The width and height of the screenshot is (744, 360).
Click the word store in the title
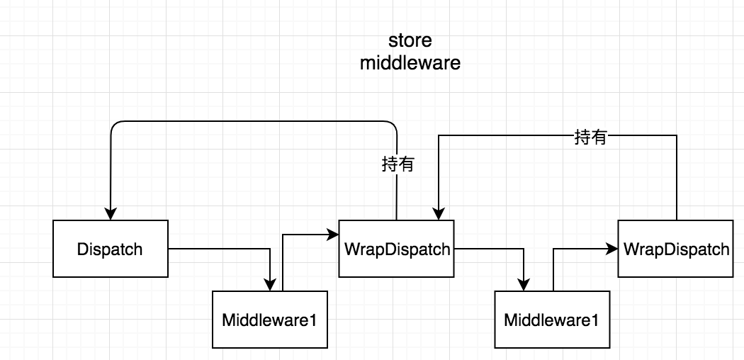click(410, 40)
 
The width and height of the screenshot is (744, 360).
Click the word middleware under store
click(410, 63)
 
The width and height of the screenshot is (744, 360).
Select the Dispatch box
click(110, 249)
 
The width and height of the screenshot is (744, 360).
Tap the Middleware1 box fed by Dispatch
click(269, 319)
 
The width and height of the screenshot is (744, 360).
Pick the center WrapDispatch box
click(396, 249)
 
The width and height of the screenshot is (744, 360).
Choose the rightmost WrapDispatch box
click(675, 249)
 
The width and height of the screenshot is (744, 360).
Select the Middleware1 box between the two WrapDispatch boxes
click(551, 319)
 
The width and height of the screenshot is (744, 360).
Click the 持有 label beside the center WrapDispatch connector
click(398, 165)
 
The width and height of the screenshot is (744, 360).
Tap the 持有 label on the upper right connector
click(590, 137)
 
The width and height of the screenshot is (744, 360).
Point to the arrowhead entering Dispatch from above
click(111, 214)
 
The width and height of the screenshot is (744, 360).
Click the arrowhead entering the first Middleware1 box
click(270, 284)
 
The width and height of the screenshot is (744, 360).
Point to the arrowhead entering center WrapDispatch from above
click(439, 214)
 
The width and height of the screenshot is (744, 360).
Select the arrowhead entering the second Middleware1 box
click(524, 284)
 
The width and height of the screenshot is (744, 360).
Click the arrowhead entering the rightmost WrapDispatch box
click(612, 249)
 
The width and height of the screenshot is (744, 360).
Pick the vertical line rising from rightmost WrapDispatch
click(677, 177)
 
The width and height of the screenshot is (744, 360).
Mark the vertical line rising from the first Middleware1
click(283, 262)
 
